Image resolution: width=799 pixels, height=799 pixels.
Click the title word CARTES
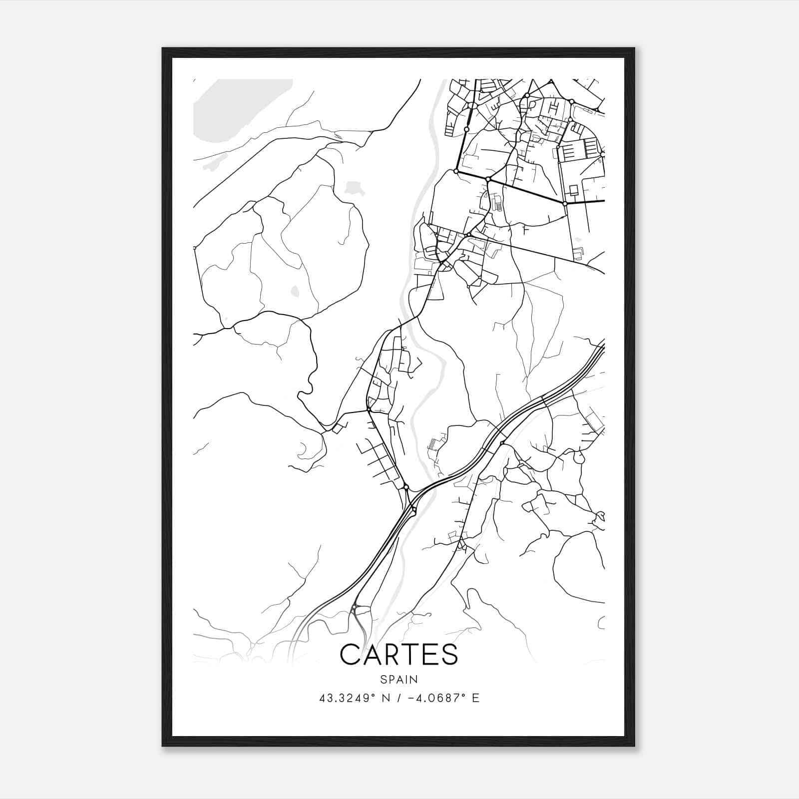[x=399, y=654]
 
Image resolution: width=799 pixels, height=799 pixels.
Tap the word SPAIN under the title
[x=399, y=679]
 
